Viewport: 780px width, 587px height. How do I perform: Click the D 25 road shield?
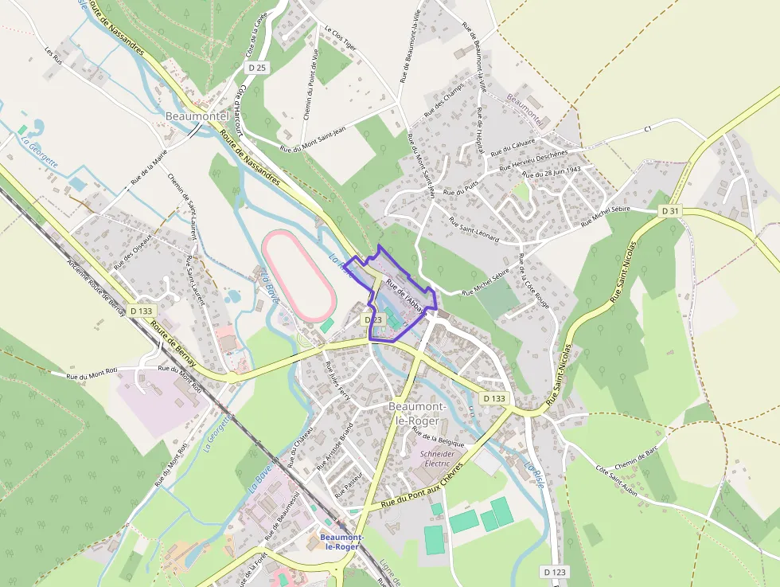[x=256, y=68]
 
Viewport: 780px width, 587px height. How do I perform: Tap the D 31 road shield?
[x=670, y=211]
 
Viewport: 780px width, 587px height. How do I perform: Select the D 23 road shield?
[x=373, y=319]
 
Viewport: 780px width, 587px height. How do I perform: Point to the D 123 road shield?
[x=556, y=572]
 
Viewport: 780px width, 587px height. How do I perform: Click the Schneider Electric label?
[x=438, y=459]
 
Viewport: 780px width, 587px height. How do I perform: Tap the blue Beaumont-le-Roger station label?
[x=341, y=542]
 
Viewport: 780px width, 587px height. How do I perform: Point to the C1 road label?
[x=647, y=128]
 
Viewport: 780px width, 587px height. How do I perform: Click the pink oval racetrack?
[x=298, y=275]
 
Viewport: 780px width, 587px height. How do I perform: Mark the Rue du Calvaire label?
[x=513, y=147]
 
